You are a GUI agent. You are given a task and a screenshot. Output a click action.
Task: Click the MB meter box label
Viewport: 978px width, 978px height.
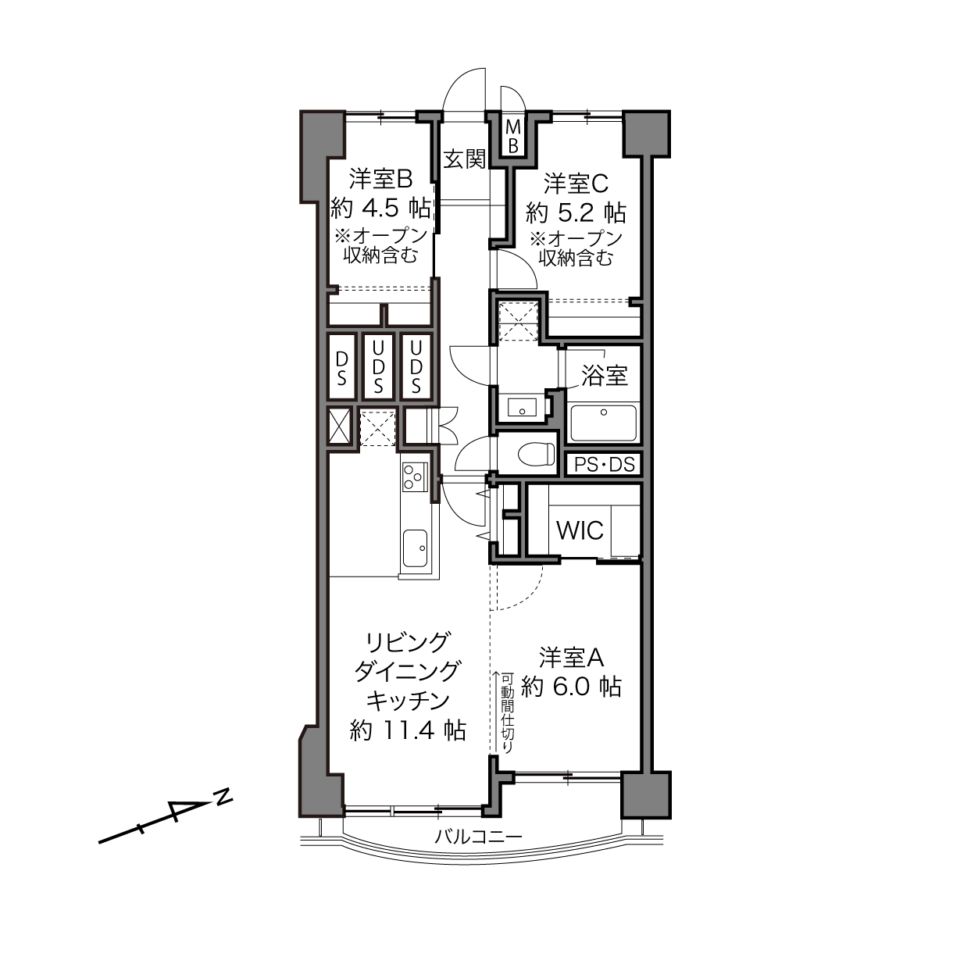(513, 135)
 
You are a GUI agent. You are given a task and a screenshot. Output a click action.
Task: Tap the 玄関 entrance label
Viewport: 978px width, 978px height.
(464, 159)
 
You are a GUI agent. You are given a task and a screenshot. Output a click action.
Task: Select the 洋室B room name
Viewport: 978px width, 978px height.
(380, 180)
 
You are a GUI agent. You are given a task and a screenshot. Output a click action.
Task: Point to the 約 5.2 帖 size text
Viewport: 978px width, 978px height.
(576, 212)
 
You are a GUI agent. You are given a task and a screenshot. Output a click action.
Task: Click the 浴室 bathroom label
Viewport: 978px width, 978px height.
(605, 376)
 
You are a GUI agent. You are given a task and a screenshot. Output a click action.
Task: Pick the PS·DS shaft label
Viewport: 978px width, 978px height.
(605, 464)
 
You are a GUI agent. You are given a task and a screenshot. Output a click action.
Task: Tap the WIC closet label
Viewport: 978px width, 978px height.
(580, 530)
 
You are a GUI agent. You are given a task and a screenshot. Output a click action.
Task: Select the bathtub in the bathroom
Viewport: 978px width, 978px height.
(604, 423)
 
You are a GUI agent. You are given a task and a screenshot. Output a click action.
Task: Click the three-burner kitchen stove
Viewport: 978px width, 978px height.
(415, 477)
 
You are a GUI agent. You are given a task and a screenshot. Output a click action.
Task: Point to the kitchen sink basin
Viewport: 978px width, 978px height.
(415, 548)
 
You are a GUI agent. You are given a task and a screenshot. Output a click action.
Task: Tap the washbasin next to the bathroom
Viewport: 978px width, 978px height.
(522, 407)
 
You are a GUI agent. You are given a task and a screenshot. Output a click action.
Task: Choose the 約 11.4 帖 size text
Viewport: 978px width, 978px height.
(408, 731)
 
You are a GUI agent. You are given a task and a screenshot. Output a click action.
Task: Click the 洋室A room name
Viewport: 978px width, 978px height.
(571, 658)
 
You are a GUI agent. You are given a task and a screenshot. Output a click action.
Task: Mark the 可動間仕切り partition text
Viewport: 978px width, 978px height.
(508, 713)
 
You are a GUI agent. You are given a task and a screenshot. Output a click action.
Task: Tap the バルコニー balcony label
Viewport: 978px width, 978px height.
(478, 837)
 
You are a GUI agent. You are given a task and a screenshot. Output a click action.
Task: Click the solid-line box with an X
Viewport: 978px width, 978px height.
(339, 427)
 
